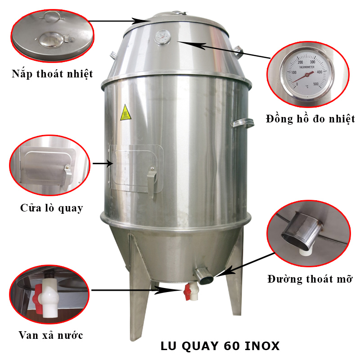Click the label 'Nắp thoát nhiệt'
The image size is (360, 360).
click(52, 74)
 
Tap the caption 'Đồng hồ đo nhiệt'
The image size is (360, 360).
click(310, 119)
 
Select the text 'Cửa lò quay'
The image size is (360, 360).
click(52, 208)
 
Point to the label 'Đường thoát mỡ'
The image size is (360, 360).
click(310, 279)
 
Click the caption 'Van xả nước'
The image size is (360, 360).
click(51, 335)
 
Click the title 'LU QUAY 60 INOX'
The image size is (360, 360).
click(220, 346)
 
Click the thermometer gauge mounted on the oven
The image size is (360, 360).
click(161, 37)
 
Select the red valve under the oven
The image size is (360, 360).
click(187, 290)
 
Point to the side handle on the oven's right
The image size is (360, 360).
click(242, 122)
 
